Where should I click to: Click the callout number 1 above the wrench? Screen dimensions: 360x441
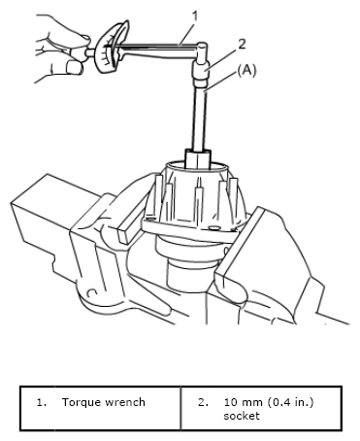(x=194, y=17)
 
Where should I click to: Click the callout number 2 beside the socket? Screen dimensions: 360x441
(x=242, y=44)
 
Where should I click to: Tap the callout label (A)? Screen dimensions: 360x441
(x=246, y=71)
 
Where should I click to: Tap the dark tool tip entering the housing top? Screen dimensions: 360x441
(x=198, y=158)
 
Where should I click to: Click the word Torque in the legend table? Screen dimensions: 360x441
(x=81, y=402)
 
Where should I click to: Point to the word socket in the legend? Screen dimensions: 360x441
(x=242, y=416)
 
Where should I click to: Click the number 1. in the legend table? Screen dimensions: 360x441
(x=42, y=402)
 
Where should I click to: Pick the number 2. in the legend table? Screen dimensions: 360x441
(x=203, y=402)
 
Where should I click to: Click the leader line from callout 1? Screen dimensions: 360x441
(x=187, y=34)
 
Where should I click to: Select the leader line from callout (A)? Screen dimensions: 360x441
(x=220, y=83)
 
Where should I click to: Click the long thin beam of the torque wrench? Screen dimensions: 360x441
(x=155, y=47)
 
